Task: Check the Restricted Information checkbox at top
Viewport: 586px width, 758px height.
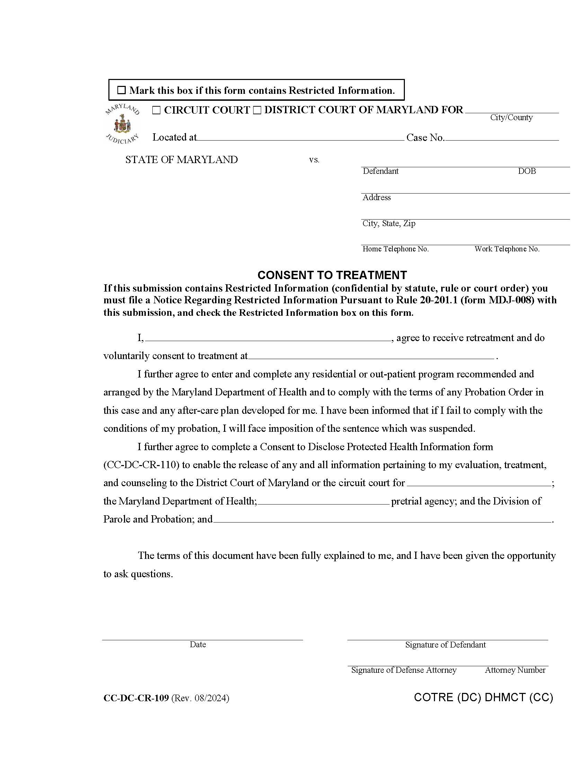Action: click(x=121, y=90)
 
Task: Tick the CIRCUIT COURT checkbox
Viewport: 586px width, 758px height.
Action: click(x=157, y=110)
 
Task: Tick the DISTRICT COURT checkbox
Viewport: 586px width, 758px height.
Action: click(x=257, y=110)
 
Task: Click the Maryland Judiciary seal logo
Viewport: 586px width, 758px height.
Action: click(x=122, y=124)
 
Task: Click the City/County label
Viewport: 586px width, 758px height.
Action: click(x=511, y=117)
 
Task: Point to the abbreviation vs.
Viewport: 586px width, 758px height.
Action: click(x=314, y=160)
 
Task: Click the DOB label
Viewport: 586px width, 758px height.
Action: click(x=527, y=171)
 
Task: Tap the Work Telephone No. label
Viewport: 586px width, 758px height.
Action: click(x=507, y=249)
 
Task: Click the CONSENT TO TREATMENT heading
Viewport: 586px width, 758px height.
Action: click(x=332, y=275)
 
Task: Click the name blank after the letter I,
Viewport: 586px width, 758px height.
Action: click(x=268, y=338)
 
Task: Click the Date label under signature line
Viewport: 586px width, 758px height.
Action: click(x=198, y=644)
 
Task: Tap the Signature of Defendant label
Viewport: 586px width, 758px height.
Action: click(x=445, y=645)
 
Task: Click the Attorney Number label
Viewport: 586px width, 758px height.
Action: click(x=515, y=670)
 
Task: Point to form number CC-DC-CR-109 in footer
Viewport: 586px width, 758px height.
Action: click(x=136, y=698)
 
